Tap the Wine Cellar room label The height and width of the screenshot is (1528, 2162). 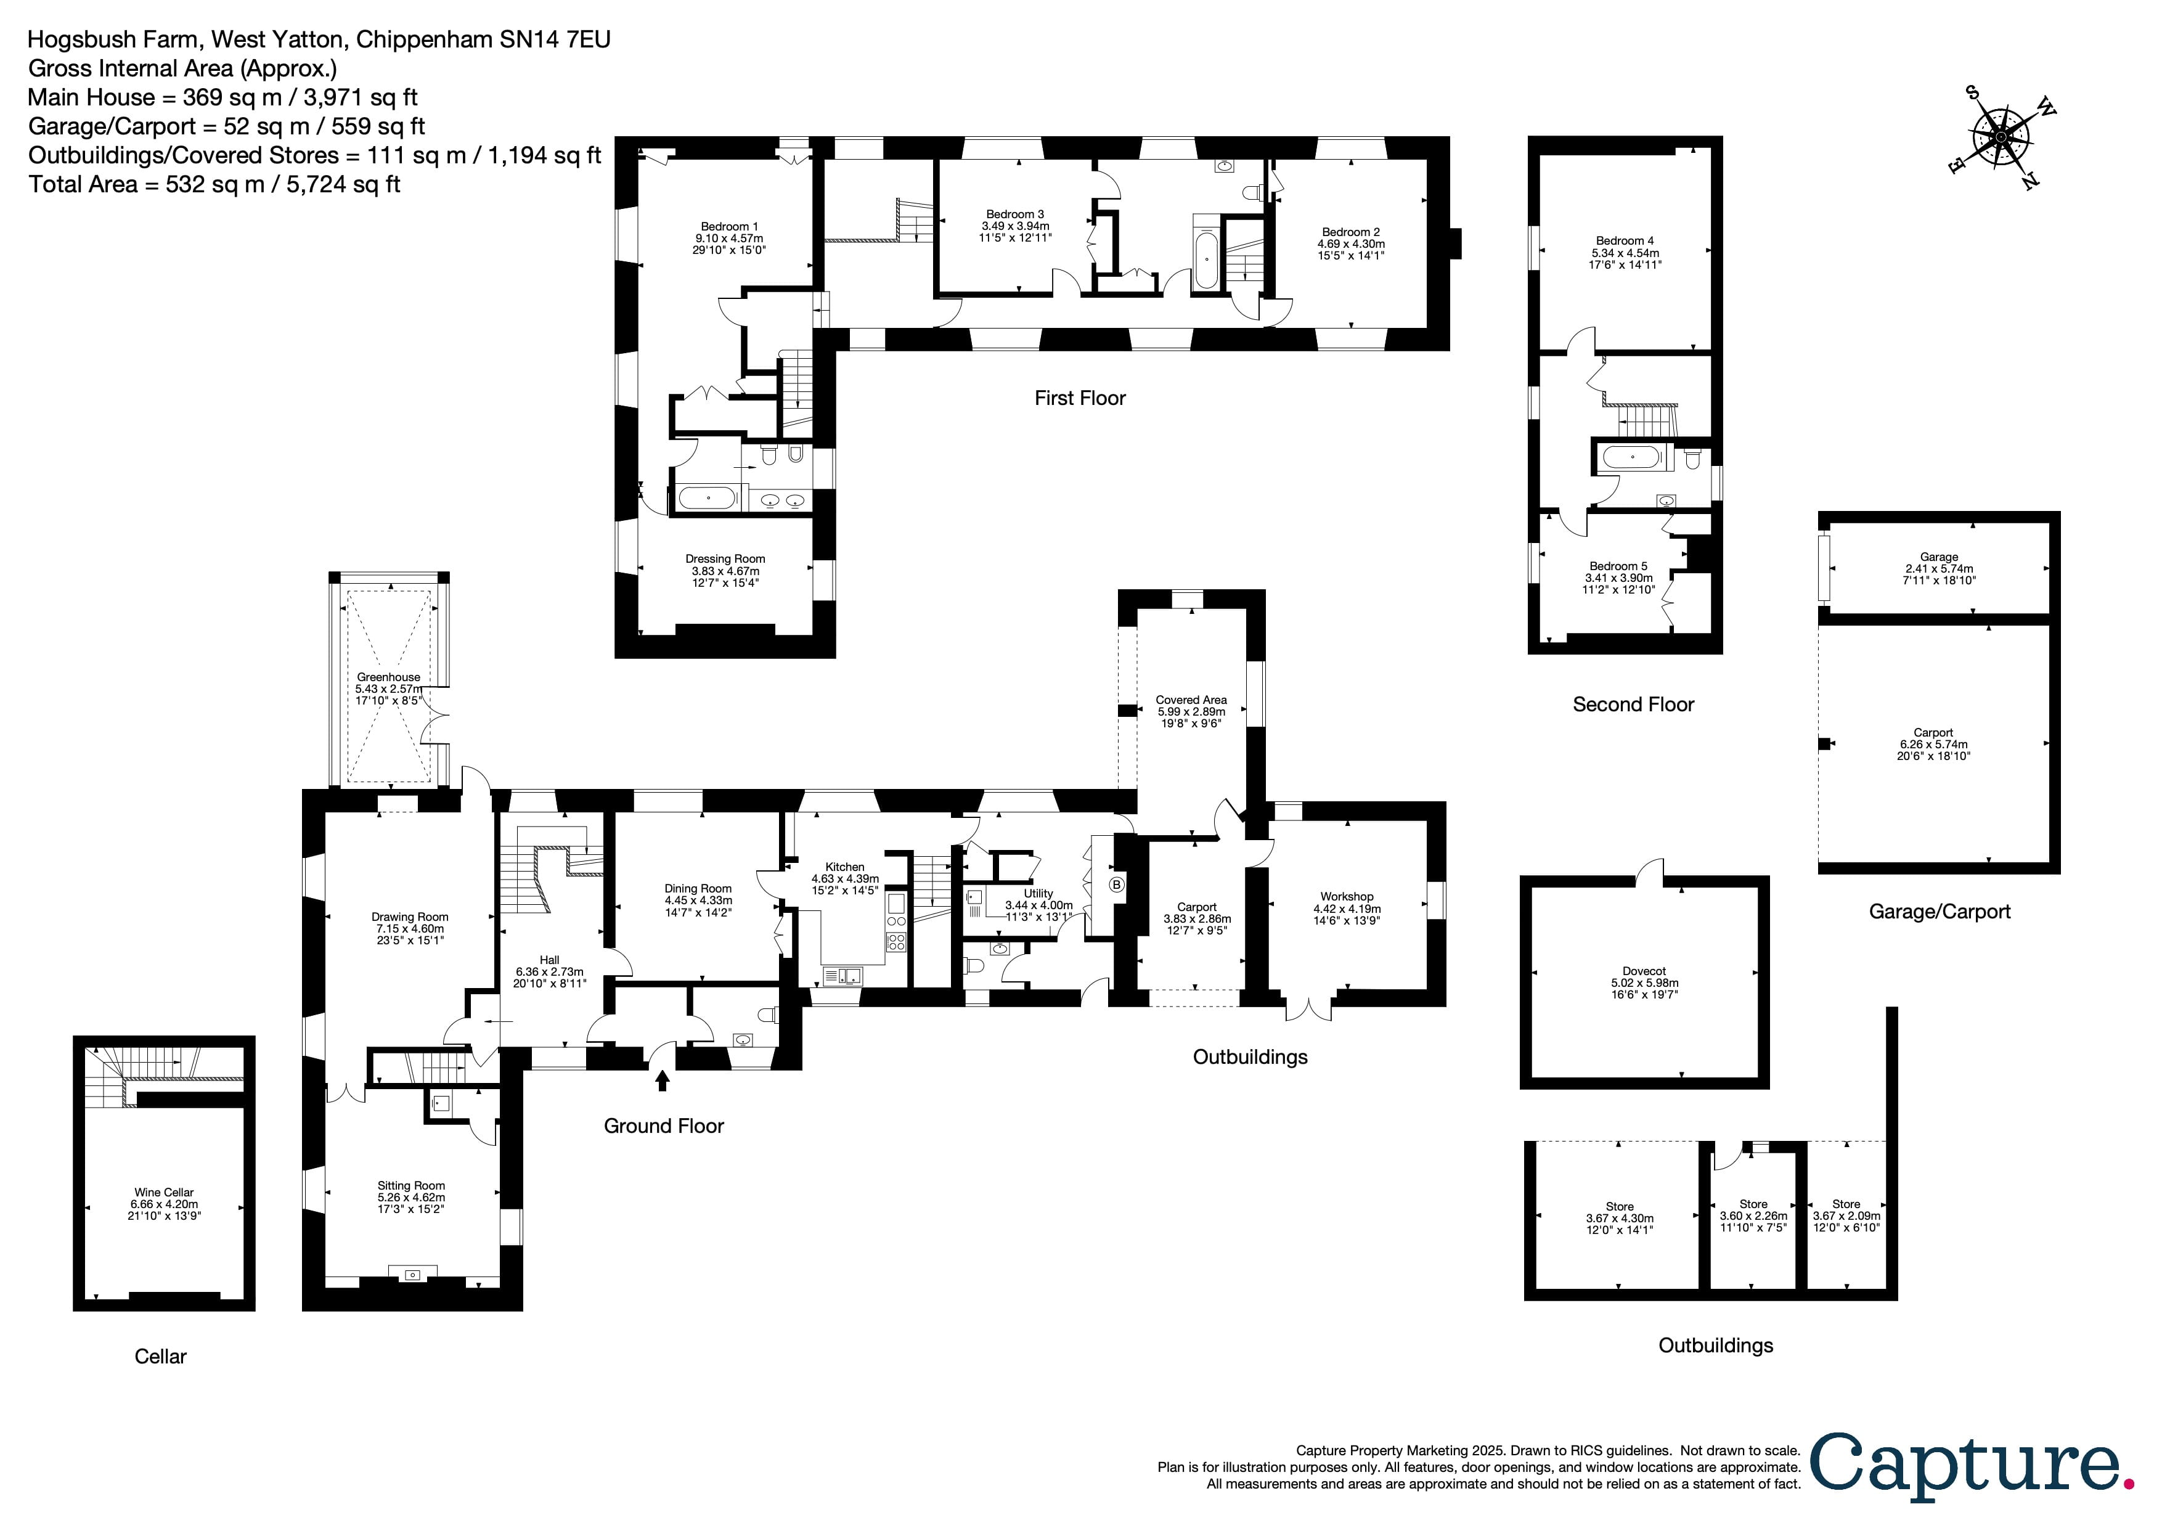click(x=164, y=1192)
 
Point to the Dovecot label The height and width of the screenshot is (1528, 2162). click(x=1644, y=971)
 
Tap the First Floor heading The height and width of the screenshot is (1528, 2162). click(x=1079, y=398)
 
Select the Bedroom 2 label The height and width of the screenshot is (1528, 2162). click(x=1350, y=232)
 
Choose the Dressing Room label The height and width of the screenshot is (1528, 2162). click(x=725, y=558)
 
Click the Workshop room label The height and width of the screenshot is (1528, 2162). click(x=1347, y=896)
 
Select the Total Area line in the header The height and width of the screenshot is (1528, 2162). click(x=214, y=184)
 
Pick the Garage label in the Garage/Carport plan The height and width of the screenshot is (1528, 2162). click(x=1939, y=557)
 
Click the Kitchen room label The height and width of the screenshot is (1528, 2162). click(x=845, y=866)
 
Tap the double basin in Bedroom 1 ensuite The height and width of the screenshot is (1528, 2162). click(x=783, y=500)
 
